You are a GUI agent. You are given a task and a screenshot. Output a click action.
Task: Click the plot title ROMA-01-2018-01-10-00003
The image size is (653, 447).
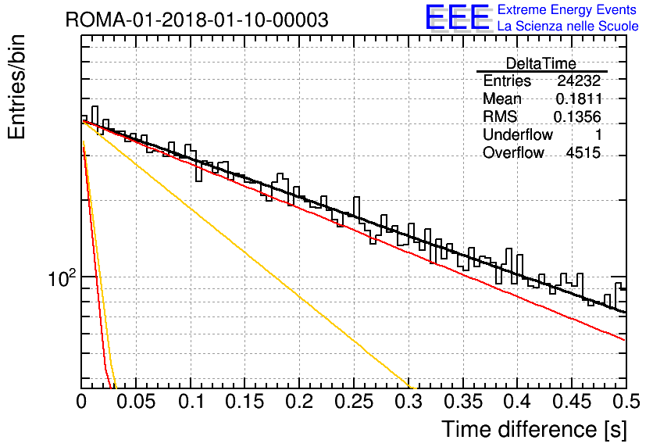(197, 20)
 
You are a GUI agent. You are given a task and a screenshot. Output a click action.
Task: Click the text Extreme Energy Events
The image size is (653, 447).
(567, 9)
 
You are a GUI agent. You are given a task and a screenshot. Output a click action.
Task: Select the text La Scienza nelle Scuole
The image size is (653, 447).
(568, 26)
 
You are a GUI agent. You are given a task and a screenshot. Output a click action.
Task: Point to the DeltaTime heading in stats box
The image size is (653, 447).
(541, 64)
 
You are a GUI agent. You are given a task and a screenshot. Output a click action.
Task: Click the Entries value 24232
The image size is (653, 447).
(579, 80)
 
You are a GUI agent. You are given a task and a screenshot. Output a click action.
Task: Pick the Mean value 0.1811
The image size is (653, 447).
(579, 98)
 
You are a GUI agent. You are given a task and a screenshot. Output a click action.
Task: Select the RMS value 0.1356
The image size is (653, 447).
(577, 116)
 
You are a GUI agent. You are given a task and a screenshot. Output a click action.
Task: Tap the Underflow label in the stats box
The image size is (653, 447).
(518, 134)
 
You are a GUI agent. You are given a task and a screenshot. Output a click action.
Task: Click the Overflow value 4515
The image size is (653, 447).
(583, 153)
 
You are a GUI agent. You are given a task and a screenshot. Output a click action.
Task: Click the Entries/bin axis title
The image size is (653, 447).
(16, 88)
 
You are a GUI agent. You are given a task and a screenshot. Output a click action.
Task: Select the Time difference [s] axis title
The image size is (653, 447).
(534, 429)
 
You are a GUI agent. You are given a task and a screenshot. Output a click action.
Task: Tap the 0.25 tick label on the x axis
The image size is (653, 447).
(354, 402)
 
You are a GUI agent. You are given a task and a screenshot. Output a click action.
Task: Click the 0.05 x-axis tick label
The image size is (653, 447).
(136, 402)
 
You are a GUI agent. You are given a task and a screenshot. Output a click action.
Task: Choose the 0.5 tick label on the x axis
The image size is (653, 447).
(626, 402)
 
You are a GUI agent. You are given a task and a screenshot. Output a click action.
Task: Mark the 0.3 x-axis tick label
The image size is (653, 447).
(409, 402)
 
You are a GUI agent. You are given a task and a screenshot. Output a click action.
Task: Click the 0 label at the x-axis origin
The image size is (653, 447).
(81, 402)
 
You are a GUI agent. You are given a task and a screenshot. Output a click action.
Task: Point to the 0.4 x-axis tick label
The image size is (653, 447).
(518, 402)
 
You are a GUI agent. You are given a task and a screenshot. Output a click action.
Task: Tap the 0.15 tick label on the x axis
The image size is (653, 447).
(245, 402)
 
